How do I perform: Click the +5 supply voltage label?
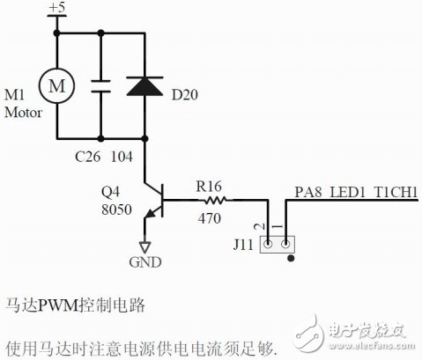(x=57, y=8)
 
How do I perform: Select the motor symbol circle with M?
(x=57, y=85)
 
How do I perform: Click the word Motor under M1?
(x=22, y=113)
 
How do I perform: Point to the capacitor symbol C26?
(x=101, y=85)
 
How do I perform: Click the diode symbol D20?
(x=145, y=85)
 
